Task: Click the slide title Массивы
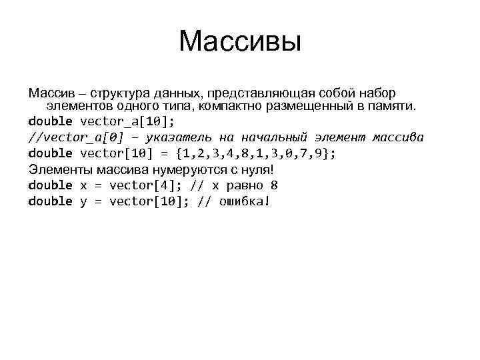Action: click(240, 43)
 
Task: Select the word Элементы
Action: click(58, 169)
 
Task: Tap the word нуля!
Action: click(257, 169)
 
